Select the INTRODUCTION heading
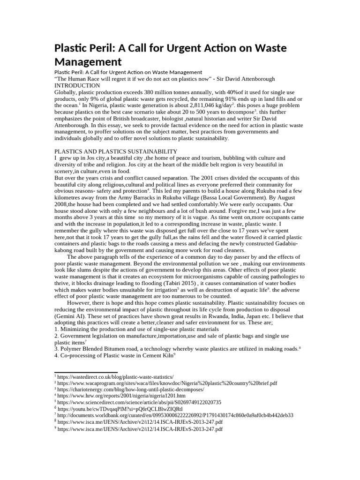tap(77, 86)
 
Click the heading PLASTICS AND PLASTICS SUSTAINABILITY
tap(116, 151)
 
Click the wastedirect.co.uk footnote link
tap(115, 377)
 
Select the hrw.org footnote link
tap(121, 396)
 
